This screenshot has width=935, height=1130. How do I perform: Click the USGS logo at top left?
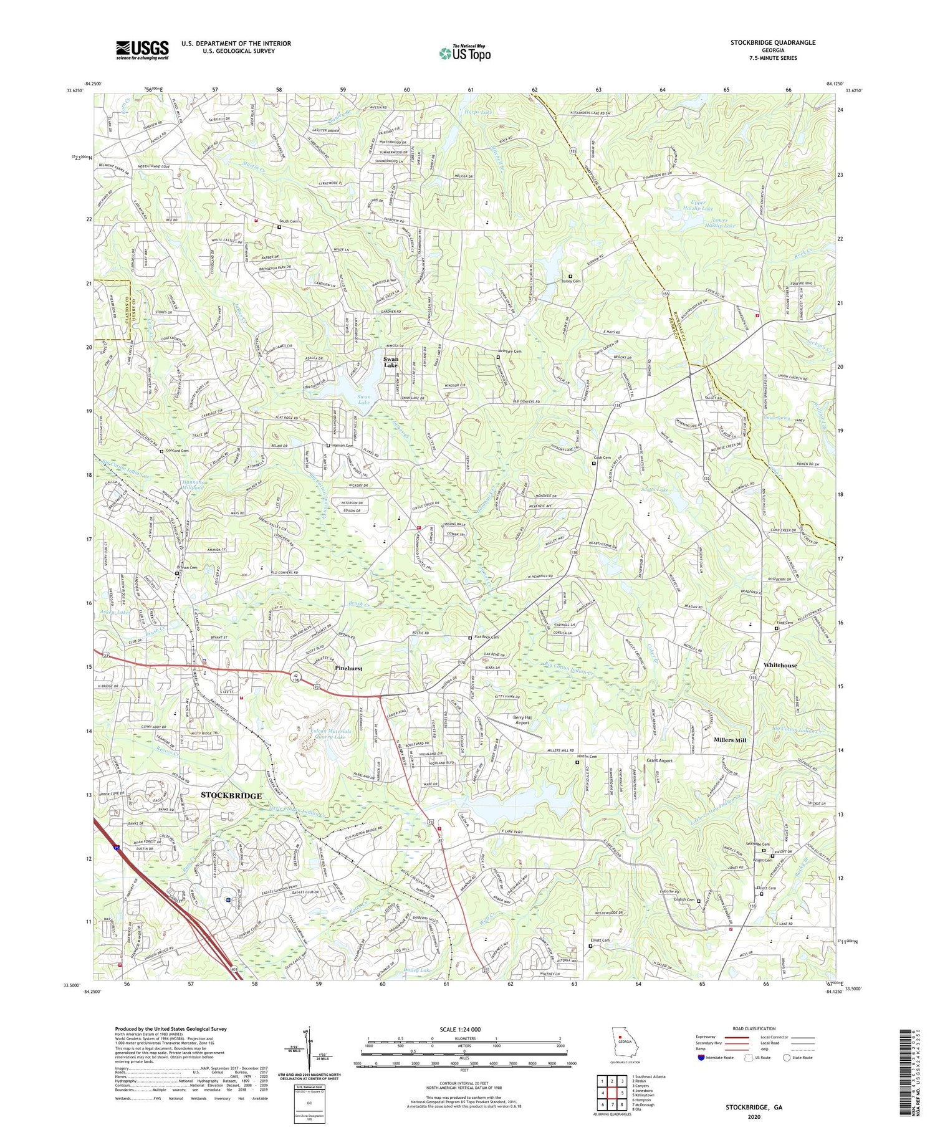point(142,50)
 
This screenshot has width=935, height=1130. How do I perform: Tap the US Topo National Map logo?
point(464,53)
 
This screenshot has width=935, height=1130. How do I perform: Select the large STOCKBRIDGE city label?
point(231,795)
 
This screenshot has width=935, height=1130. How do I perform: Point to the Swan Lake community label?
point(391,363)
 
